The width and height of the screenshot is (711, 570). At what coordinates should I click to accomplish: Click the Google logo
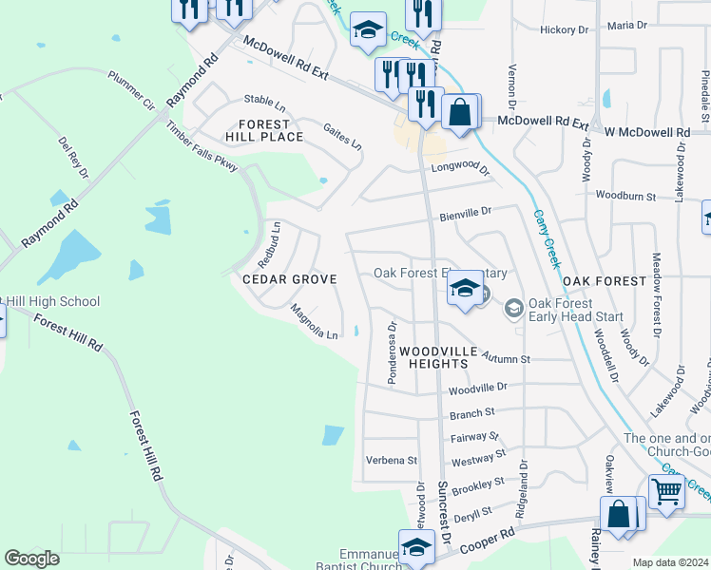[31, 559]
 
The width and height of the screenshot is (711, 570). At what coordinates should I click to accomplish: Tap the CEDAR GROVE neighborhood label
[289, 279]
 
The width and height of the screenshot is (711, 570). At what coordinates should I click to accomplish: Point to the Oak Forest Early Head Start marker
[513, 308]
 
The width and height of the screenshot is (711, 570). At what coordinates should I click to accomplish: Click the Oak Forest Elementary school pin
[464, 289]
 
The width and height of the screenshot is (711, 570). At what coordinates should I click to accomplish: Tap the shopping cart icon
[666, 492]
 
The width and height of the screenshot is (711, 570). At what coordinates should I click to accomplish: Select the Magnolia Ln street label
[315, 323]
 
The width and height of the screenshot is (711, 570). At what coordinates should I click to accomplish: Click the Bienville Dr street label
[465, 215]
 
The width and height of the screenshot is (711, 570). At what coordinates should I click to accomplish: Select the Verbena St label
[392, 460]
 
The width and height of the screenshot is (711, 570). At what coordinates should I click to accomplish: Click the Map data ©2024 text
[669, 562]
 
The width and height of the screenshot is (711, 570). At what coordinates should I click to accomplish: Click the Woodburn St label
[625, 196]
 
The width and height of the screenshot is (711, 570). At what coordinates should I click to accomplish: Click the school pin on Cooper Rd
[416, 548]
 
